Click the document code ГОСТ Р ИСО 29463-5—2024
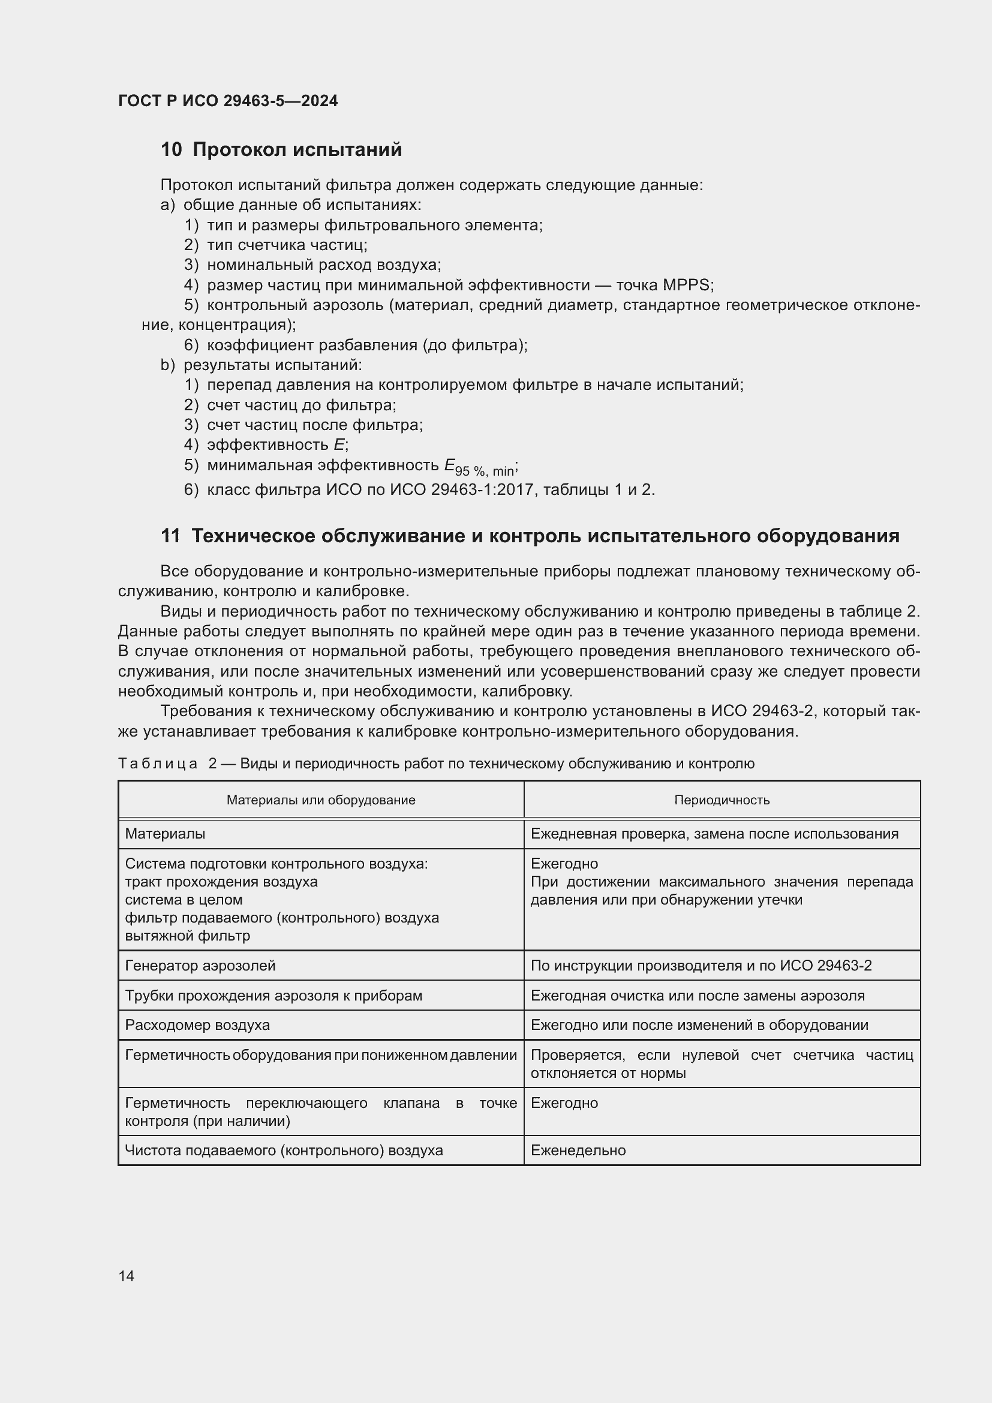(x=227, y=101)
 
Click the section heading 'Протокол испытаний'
(x=297, y=149)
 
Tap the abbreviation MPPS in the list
(x=686, y=285)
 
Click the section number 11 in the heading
(x=170, y=536)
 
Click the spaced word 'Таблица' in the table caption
(x=158, y=764)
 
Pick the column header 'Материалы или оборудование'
(x=321, y=800)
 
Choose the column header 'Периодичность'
(x=722, y=800)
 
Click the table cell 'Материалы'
(x=165, y=834)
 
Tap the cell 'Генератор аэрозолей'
(x=200, y=966)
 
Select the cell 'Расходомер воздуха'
(x=197, y=1025)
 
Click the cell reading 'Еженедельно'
(x=578, y=1150)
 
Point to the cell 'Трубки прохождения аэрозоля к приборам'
(x=273, y=996)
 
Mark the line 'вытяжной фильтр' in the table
(x=188, y=936)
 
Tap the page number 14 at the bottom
(x=127, y=1276)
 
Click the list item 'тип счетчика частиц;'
(x=287, y=245)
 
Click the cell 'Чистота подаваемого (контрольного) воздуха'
(x=284, y=1150)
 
